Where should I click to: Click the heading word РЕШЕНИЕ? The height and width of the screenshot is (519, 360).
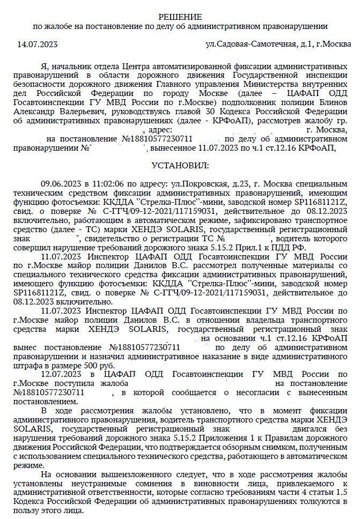coord(180,17)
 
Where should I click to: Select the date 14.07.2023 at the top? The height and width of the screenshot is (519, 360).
coord(38,44)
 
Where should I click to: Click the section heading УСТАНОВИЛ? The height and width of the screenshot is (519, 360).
coord(180,165)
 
